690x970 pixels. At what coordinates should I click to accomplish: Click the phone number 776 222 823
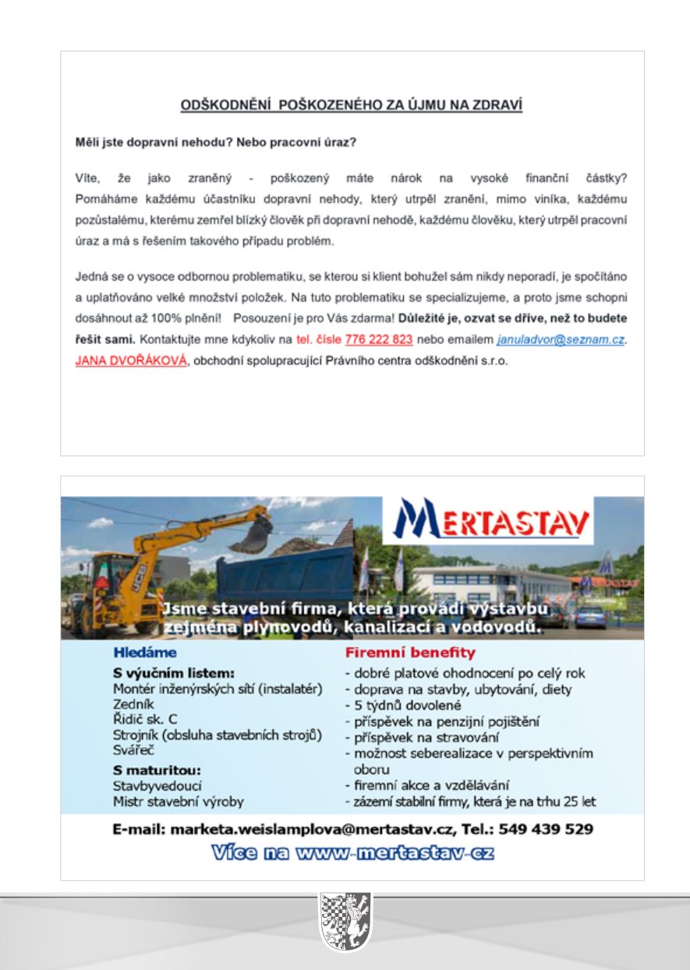point(378,341)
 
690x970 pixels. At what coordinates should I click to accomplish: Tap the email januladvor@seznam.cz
point(560,341)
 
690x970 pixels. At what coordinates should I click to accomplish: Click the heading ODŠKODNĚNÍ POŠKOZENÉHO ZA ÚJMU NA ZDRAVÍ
point(352,105)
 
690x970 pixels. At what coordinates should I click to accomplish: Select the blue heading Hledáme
point(145,652)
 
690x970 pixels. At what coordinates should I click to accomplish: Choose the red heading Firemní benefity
point(410,652)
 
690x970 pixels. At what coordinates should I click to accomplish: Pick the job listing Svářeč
point(133,751)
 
